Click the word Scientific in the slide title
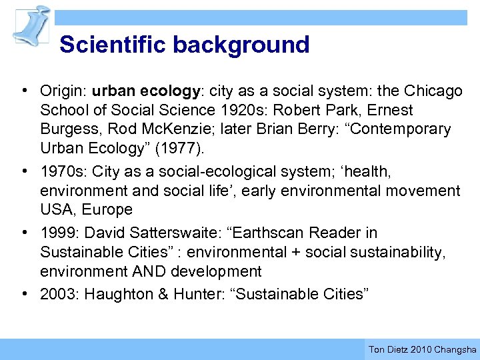(113, 45)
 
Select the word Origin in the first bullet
(63, 91)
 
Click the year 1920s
(235, 110)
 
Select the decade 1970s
(64, 172)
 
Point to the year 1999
(57, 233)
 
